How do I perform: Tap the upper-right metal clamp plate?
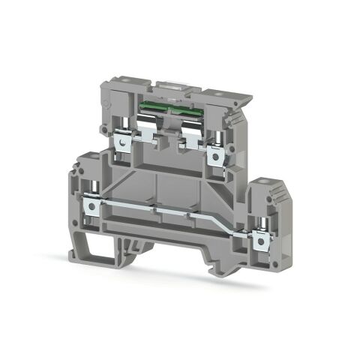coord(218,155)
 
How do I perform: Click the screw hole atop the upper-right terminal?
coord(226,97)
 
